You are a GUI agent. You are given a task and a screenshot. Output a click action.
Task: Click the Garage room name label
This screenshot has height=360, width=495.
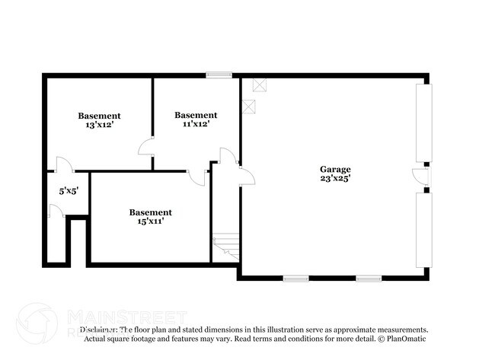[x=335, y=169]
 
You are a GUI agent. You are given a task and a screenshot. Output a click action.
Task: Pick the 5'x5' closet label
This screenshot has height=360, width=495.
[x=69, y=191]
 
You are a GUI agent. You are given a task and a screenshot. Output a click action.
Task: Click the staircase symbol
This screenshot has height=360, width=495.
[x=226, y=246]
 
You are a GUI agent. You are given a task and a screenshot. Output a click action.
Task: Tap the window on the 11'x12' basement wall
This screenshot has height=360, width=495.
[x=219, y=75]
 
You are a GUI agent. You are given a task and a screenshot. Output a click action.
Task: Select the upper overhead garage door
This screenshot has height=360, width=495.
[x=423, y=123]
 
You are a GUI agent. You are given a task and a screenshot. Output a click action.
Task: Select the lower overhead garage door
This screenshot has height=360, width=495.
[x=423, y=230]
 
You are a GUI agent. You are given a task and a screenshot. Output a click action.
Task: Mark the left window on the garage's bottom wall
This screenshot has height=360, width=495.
[x=295, y=279]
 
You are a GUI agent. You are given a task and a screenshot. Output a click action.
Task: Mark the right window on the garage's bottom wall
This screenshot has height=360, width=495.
[x=369, y=279]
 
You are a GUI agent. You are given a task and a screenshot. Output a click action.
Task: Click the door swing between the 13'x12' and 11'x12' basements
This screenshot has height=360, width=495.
[x=146, y=148]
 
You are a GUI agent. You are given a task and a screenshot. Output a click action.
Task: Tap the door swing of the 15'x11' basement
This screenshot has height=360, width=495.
[x=196, y=178]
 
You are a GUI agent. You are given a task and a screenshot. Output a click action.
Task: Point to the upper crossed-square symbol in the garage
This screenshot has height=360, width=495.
[x=260, y=84]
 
